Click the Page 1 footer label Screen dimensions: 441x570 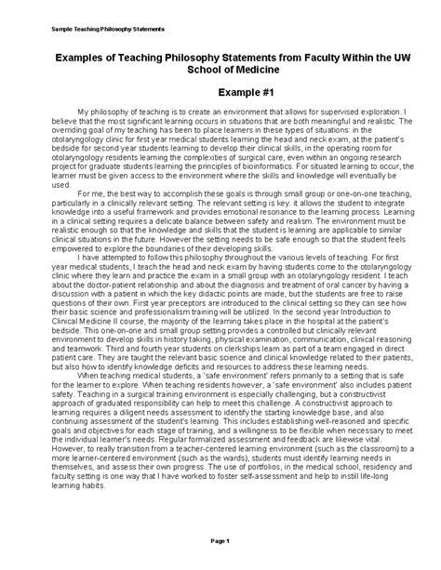point(220,539)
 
